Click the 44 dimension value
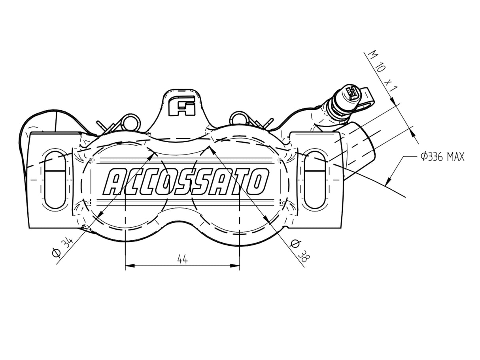(x=182, y=259)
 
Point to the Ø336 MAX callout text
(x=442, y=156)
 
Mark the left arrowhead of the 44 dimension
(x=129, y=266)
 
